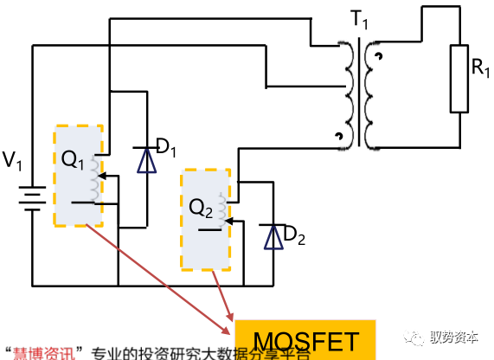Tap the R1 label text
click(480, 67)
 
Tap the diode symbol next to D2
click(274, 236)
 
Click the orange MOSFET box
click(306, 340)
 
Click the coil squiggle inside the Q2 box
click(222, 207)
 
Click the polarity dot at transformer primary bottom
click(338, 137)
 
